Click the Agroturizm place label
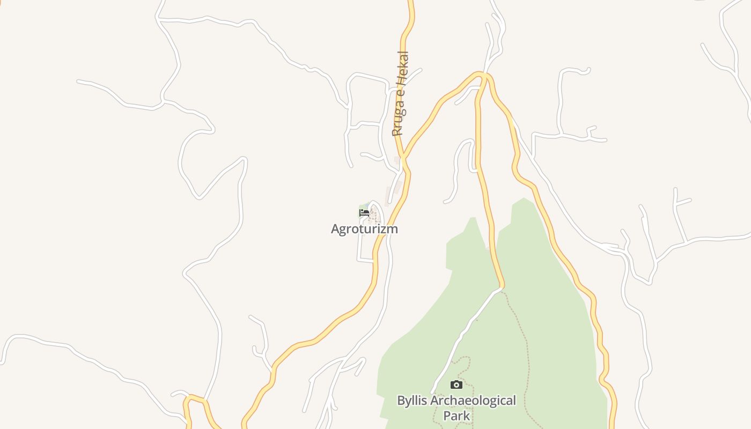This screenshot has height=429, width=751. [364, 229]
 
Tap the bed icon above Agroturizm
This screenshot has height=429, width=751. [364, 213]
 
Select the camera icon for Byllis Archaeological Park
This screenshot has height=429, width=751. [456, 384]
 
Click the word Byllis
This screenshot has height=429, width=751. [413, 401]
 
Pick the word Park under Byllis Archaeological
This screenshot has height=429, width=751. [457, 416]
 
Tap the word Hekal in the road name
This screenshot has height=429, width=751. [402, 67]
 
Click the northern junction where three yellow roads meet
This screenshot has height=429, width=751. [483, 75]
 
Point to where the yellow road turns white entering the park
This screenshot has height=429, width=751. [502, 288]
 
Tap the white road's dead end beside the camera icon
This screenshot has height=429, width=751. [432, 393]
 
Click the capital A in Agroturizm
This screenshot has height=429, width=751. [336, 229]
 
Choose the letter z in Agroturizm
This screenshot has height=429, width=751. [381, 230]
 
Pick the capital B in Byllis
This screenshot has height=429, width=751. [401, 401]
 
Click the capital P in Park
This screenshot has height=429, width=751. [447, 416]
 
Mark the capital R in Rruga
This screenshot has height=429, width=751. [396, 132]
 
